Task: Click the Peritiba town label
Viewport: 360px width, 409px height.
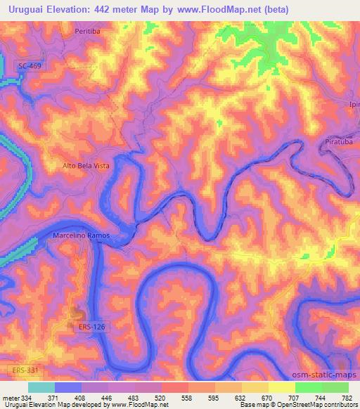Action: click(91, 32)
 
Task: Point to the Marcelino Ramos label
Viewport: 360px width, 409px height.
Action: click(82, 235)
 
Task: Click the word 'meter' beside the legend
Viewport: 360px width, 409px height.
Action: click(11, 397)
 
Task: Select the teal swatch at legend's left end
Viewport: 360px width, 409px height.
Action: click(41, 387)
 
